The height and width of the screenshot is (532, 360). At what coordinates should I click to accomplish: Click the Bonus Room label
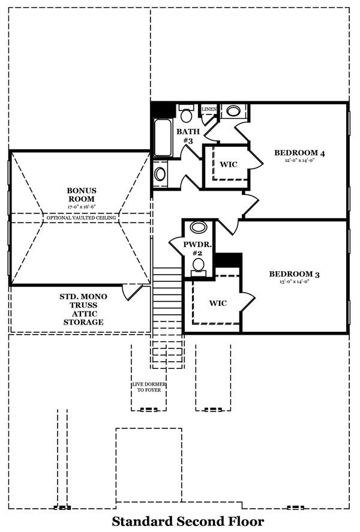pos(82,195)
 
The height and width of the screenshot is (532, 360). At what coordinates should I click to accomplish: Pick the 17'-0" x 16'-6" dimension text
pos(82,206)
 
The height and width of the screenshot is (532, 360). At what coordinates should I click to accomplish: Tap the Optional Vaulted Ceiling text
pos(82,218)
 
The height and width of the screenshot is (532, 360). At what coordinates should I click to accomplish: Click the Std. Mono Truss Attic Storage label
pos(82,309)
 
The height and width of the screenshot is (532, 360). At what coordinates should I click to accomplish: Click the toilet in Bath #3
pos(185,114)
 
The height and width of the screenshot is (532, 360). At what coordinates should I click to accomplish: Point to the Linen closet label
pos(209,109)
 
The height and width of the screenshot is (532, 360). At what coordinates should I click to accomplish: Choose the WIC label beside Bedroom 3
pos(218,303)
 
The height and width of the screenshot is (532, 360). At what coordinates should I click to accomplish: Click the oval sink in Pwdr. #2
pos(199,227)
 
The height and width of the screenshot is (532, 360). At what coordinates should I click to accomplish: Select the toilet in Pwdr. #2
pos(199,265)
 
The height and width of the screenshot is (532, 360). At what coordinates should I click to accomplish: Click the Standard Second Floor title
pos(188,521)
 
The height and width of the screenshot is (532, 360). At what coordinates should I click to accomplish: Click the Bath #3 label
pos(185,136)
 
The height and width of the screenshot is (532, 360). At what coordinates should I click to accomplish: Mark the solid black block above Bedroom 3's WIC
pos(228,260)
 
